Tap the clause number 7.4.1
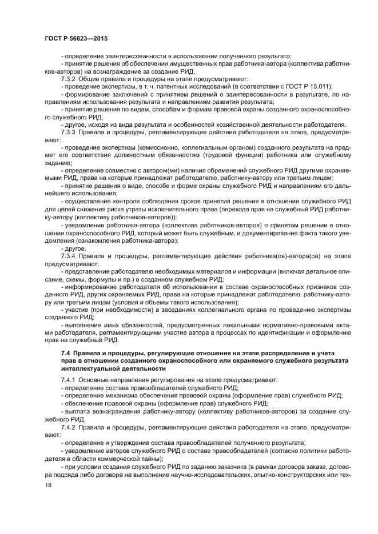pyautogui.click(x=69, y=379)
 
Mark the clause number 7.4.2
pyautogui.click(x=69, y=426)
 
